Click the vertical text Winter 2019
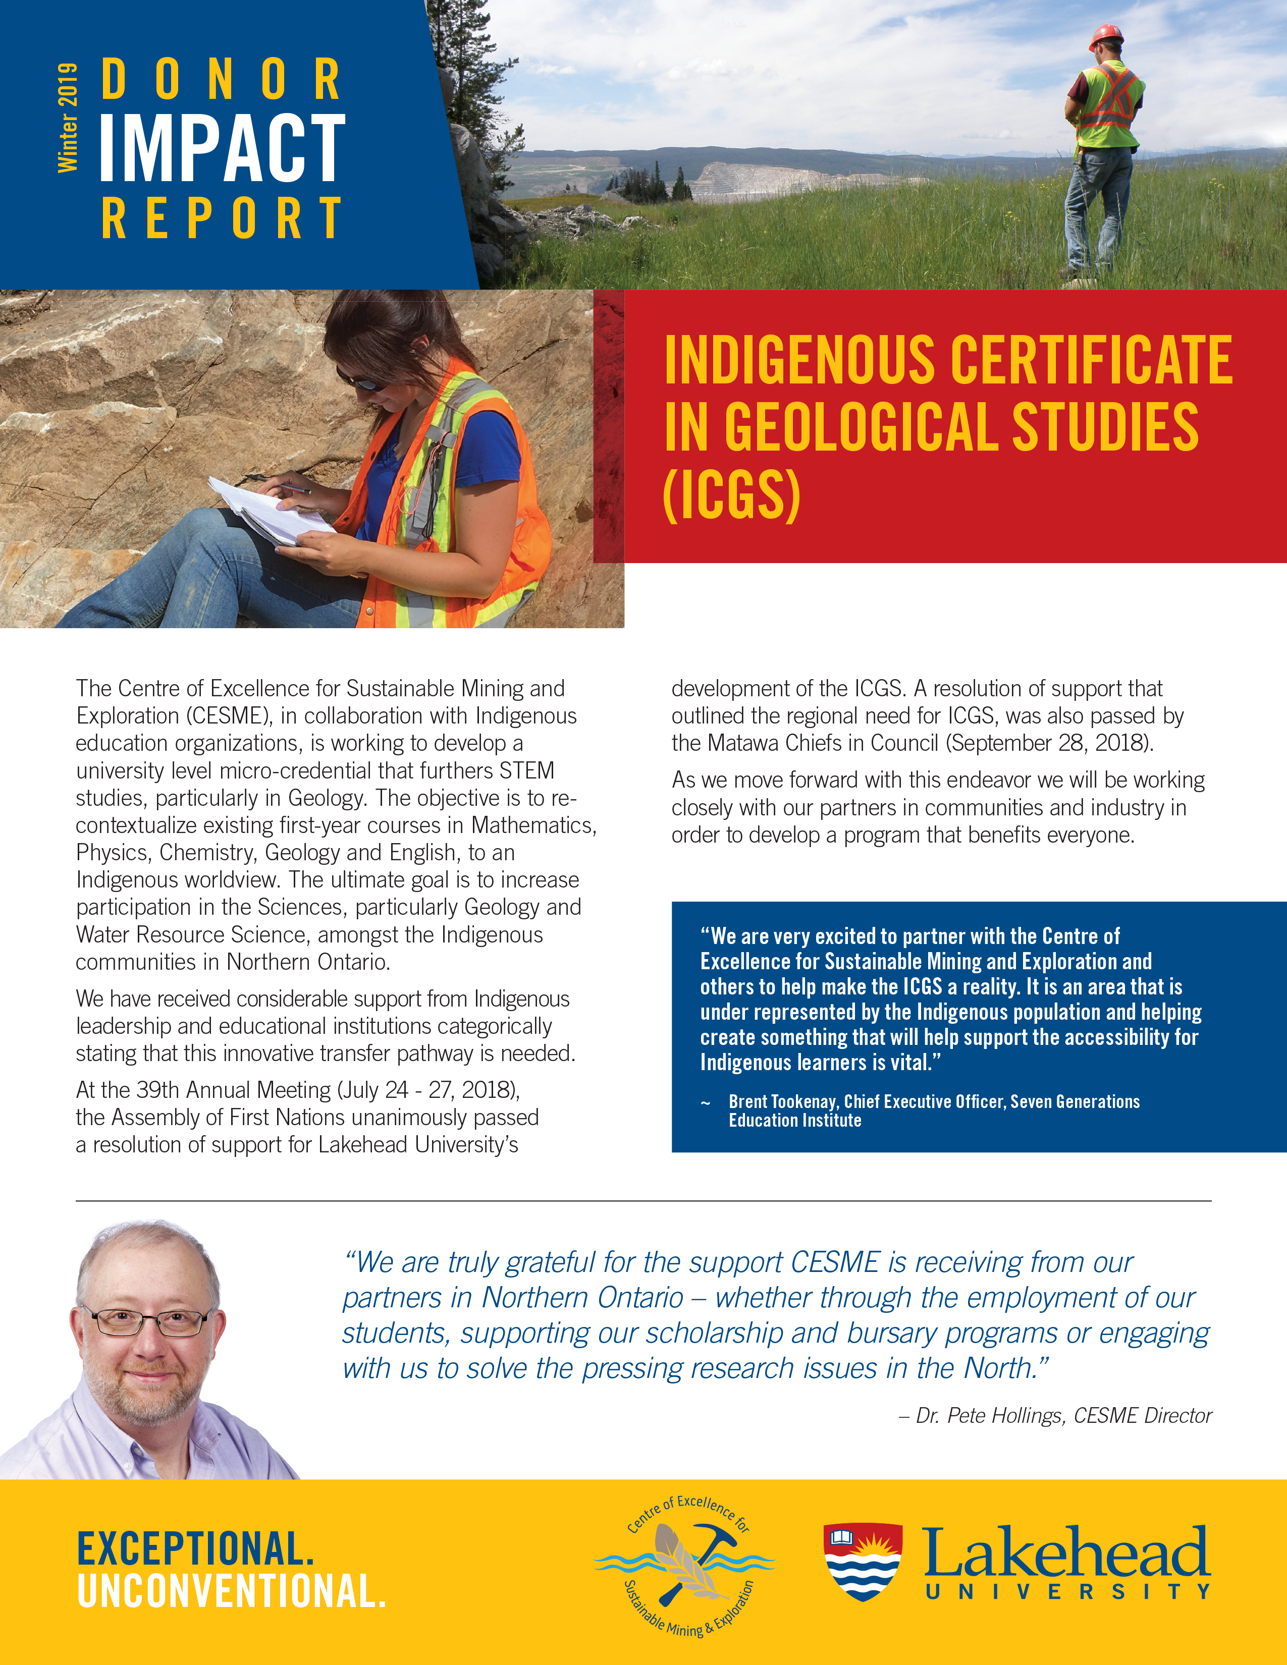coord(67,118)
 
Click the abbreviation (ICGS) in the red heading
coord(731,495)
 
